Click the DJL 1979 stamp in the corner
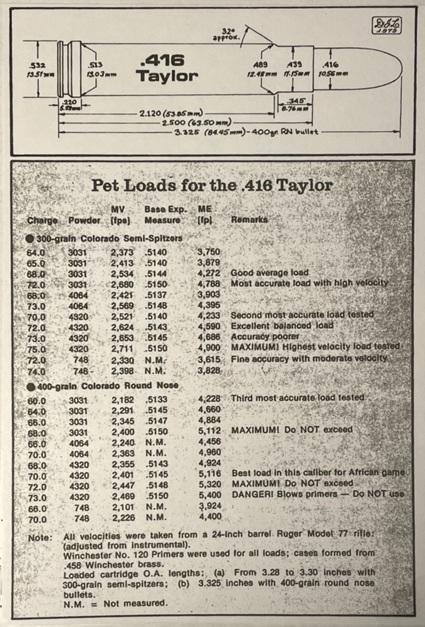pos(387,25)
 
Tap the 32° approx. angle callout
pos(227,34)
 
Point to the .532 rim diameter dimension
pos(37,65)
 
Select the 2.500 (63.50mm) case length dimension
pos(197,123)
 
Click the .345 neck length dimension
pos(295,101)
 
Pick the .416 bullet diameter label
pos(330,65)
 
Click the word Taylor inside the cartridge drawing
pos(167,76)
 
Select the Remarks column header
pos(249,220)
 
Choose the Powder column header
pos(84,220)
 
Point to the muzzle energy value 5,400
pos(210,495)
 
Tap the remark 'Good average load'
pos(270,273)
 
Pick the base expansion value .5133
pos(156,399)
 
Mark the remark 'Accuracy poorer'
pos(265,336)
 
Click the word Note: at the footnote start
pos(40,538)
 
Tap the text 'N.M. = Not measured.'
pos(116,604)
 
